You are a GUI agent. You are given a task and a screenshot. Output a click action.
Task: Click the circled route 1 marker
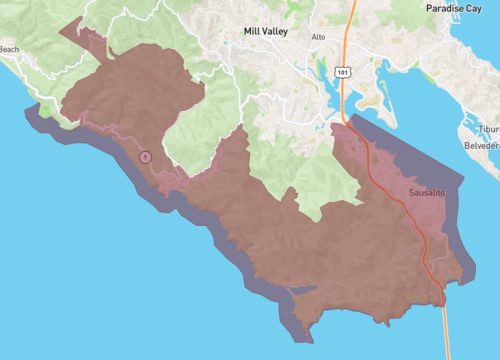(145, 157)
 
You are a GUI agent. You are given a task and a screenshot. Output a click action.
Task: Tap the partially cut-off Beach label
(8, 48)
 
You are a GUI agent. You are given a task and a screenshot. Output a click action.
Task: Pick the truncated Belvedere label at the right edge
(482, 145)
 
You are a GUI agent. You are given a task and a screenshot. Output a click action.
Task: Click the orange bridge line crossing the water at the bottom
(445, 330)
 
